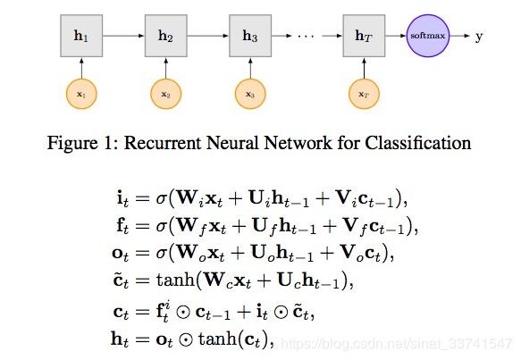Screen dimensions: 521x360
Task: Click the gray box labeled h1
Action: coord(81,36)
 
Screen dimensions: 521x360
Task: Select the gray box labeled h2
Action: coord(166,36)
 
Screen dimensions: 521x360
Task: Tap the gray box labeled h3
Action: coord(250,36)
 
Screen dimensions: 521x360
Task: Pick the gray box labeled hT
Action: coord(365,36)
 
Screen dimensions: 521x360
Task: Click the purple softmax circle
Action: coord(428,36)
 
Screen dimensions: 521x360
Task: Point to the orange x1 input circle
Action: coord(81,94)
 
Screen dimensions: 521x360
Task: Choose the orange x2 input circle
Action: coord(166,94)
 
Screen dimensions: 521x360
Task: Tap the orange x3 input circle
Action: coord(250,94)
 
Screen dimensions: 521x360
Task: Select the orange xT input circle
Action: coord(365,94)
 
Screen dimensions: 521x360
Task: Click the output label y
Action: coord(479,37)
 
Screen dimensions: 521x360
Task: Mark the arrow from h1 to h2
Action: coord(123,36)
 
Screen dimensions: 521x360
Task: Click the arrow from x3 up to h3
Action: coord(250,68)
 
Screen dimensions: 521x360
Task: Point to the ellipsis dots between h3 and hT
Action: coord(306,36)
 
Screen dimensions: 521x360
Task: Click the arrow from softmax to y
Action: coord(460,36)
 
